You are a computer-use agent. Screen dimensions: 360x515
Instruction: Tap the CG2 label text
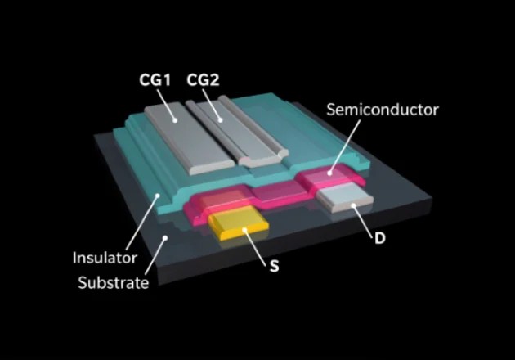tap(202, 79)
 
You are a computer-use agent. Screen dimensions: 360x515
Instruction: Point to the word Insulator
tap(105, 258)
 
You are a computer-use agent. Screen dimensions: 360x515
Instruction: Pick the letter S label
tap(274, 267)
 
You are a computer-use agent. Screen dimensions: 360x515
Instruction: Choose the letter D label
tap(379, 238)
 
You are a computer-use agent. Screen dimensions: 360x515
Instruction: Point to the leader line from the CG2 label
tap(214, 104)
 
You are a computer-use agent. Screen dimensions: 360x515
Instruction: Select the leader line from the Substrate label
tap(154, 255)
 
